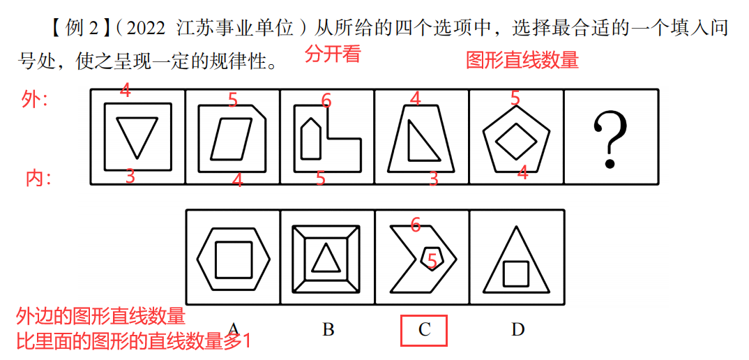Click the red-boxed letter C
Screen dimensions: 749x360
click(x=425, y=330)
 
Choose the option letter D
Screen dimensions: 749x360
click(x=517, y=329)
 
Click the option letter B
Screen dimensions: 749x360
click(x=328, y=329)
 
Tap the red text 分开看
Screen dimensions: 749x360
click(x=333, y=54)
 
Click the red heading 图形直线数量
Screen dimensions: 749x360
click(x=522, y=60)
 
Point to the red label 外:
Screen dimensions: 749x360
click(x=34, y=100)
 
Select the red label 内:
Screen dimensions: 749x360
click(x=38, y=179)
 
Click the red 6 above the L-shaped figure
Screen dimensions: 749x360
click(x=326, y=100)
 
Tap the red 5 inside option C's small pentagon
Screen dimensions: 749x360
click(x=432, y=261)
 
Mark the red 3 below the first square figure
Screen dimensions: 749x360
click(x=130, y=177)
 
